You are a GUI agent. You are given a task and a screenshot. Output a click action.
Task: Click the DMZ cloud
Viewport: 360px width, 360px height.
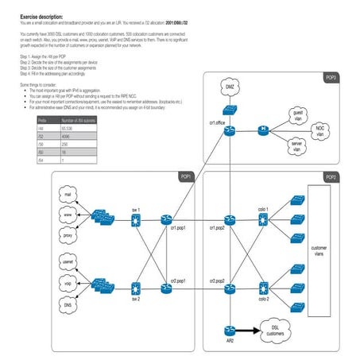point(229,87)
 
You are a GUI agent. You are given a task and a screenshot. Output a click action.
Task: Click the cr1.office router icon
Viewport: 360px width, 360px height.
point(230,130)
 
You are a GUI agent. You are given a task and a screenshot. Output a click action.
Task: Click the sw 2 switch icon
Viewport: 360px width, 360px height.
point(136,287)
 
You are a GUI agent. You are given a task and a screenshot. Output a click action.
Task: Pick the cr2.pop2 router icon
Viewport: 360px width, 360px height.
point(230,287)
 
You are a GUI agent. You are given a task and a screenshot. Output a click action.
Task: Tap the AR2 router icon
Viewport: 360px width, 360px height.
point(230,330)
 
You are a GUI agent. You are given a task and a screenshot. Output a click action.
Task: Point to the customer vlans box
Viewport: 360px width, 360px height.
point(318,251)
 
